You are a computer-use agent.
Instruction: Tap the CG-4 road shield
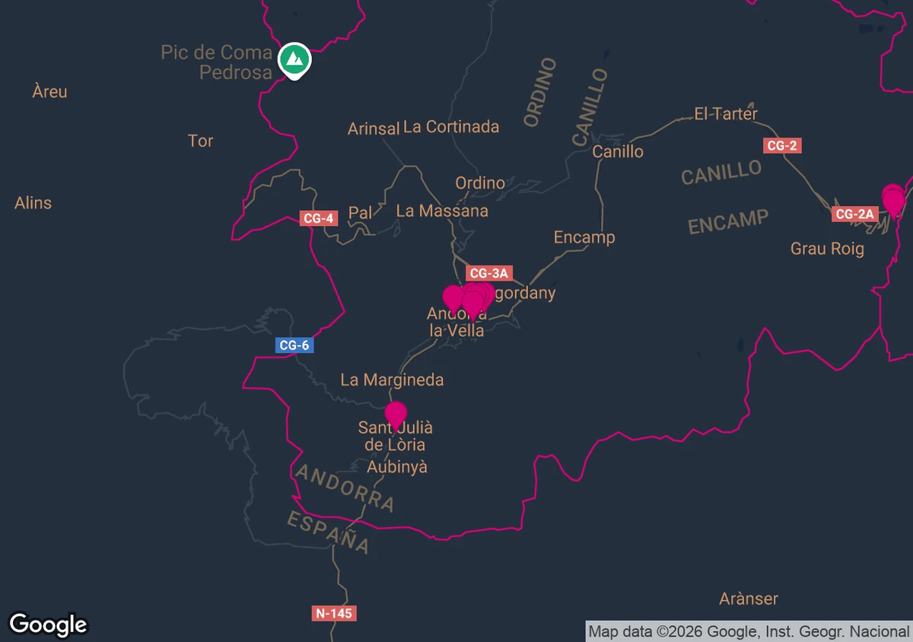318,219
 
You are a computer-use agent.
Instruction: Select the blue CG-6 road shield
294,345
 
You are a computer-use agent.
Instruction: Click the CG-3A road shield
488,273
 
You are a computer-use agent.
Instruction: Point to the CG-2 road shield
781,145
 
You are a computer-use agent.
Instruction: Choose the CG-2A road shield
854,215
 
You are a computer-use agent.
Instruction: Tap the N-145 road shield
334,613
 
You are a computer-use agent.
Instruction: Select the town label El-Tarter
726,114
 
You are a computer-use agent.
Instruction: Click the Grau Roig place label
827,249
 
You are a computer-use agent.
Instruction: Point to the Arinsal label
373,129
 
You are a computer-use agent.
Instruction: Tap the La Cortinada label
451,126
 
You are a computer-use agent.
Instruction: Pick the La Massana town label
442,211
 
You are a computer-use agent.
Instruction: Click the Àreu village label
50,92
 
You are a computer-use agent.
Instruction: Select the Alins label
33,203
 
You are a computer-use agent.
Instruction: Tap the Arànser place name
749,599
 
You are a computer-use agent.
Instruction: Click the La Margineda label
392,380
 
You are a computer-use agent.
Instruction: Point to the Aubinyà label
397,467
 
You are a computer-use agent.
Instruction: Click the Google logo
48,625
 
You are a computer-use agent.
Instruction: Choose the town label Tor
200,141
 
